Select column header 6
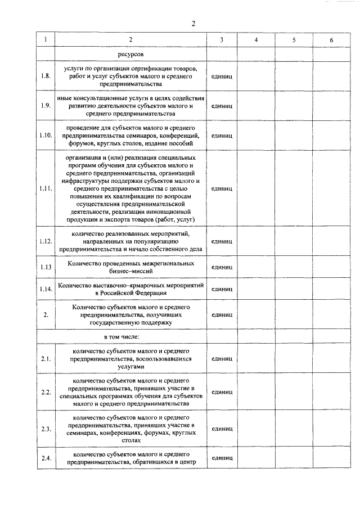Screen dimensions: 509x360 click(x=332, y=40)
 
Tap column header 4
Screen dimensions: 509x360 click(x=256, y=40)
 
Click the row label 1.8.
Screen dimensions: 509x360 click(x=46, y=76)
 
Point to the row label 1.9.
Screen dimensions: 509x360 click(x=46, y=105)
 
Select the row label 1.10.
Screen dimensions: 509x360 click(x=46, y=135)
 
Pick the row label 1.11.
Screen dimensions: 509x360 click(x=46, y=188)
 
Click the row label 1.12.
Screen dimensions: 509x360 click(x=46, y=241)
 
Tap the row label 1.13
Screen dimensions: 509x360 click(x=46, y=267)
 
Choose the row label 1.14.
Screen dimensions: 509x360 click(x=46, y=289)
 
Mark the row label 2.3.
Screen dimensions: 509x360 click(x=46, y=429)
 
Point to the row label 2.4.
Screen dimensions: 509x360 click(x=46, y=458)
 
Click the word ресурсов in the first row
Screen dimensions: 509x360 click(x=130, y=54)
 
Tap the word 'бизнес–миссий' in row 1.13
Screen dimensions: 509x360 click(x=130, y=271)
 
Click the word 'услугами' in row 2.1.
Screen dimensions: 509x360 click(x=130, y=366)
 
